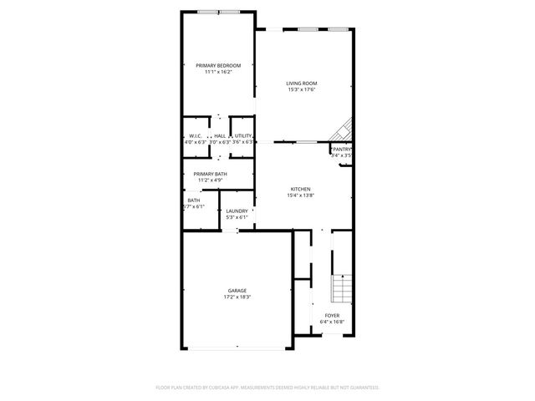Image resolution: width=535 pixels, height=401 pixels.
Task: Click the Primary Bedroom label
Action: (x=218, y=65)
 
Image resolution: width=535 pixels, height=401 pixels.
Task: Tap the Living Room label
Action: (x=302, y=83)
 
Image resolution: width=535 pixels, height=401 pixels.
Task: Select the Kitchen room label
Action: (x=301, y=189)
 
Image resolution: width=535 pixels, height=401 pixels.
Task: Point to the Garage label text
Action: (x=237, y=290)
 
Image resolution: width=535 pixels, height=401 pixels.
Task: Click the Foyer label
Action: (x=332, y=315)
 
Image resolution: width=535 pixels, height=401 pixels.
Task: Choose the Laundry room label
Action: (x=237, y=211)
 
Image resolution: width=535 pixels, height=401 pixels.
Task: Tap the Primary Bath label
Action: (x=210, y=173)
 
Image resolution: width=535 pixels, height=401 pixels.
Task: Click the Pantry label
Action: (x=342, y=149)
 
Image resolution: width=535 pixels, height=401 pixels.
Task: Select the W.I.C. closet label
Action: (x=195, y=135)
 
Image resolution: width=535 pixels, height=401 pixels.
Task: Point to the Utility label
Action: (x=243, y=135)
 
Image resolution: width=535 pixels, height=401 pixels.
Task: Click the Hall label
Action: (x=219, y=135)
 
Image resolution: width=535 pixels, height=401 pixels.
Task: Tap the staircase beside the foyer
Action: (x=341, y=288)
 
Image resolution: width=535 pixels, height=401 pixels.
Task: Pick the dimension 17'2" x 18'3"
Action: (x=237, y=297)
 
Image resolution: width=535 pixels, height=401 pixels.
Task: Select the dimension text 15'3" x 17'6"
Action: (x=302, y=89)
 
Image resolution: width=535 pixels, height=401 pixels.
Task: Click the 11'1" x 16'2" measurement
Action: (x=218, y=72)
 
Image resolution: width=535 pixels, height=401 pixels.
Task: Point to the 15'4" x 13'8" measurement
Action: (x=301, y=195)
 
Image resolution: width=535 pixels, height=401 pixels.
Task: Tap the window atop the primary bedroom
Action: (x=220, y=12)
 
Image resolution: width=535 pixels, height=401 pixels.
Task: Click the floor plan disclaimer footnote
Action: (x=267, y=388)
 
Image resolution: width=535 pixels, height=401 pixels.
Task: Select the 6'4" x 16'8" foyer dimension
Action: (x=332, y=322)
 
